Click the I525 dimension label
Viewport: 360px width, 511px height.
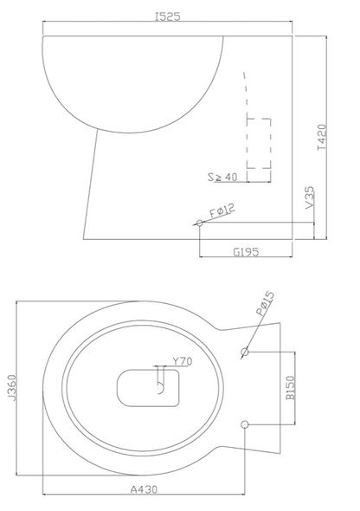click(x=167, y=16)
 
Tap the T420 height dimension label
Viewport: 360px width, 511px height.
click(x=322, y=137)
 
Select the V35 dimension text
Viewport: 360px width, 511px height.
click(x=311, y=197)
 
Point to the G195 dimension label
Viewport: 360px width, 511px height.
click(x=246, y=251)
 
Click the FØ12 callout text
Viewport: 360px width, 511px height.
click(x=222, y=210)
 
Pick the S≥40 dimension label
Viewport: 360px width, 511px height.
click(x=222, y=177)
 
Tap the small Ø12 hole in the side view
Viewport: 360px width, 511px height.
click(x=200, y=223)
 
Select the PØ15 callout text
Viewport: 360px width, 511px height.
click(x=265, y=304)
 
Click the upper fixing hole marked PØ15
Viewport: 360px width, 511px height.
click(x=245, y=352)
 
